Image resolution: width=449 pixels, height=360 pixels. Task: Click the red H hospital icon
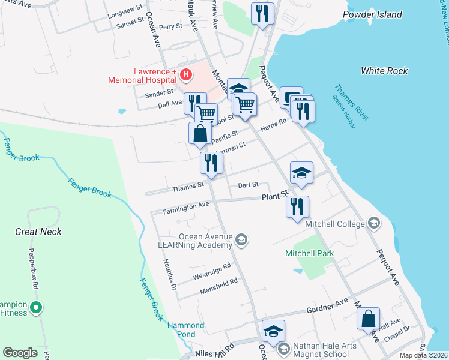(x=186, y=75)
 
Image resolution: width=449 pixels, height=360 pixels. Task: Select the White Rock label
(x=384, y=71)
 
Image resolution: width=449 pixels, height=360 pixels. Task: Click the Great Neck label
(x=39, y=232)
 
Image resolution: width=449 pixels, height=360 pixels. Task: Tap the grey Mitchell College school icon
(x=374, y=224)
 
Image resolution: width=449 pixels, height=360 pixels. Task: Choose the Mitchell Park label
(x=309, y=253)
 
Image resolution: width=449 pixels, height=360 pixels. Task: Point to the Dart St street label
(x=248, y=185)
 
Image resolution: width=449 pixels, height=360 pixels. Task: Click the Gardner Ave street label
(x=327, y=310)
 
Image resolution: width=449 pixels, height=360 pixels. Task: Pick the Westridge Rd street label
(x=212, y=271)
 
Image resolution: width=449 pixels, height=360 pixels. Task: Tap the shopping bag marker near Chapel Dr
(x=368, y=318)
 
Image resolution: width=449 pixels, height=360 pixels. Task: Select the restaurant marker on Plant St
(x=297, y=206)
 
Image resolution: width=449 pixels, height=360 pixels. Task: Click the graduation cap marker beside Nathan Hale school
(x=273, y=331)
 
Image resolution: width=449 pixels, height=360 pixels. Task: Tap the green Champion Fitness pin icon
(x=36, y=309)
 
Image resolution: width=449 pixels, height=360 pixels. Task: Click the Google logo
(x=20, y=353)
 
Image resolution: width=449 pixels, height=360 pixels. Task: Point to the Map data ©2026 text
(x=423, y=355)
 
